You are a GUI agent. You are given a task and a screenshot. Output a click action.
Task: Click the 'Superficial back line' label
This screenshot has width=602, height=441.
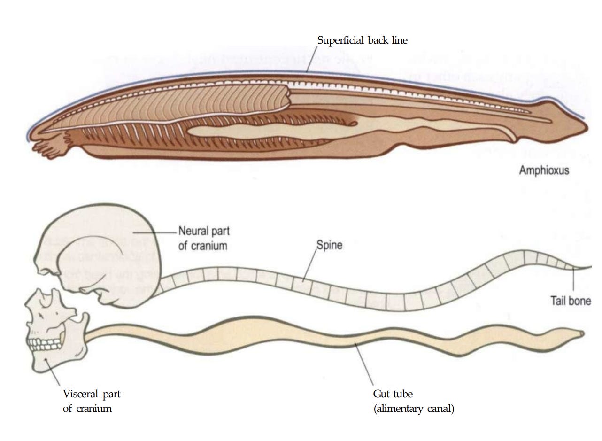[362, 40]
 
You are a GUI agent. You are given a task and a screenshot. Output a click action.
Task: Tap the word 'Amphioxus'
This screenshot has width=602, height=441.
[544, 170]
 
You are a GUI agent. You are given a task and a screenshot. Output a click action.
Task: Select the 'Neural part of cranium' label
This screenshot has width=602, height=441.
[203, 238]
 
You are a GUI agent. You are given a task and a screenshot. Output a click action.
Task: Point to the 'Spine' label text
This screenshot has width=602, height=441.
[329, 245]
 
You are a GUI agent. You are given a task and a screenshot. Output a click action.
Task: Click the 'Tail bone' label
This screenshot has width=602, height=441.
[571, 301]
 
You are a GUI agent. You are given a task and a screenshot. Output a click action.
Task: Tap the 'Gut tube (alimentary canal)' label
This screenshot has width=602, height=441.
[413, 401]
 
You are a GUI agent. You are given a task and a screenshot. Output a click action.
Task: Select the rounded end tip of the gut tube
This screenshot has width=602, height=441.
[582, 334]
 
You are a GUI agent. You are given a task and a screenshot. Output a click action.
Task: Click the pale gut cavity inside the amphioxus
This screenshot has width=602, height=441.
[263, 130]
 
